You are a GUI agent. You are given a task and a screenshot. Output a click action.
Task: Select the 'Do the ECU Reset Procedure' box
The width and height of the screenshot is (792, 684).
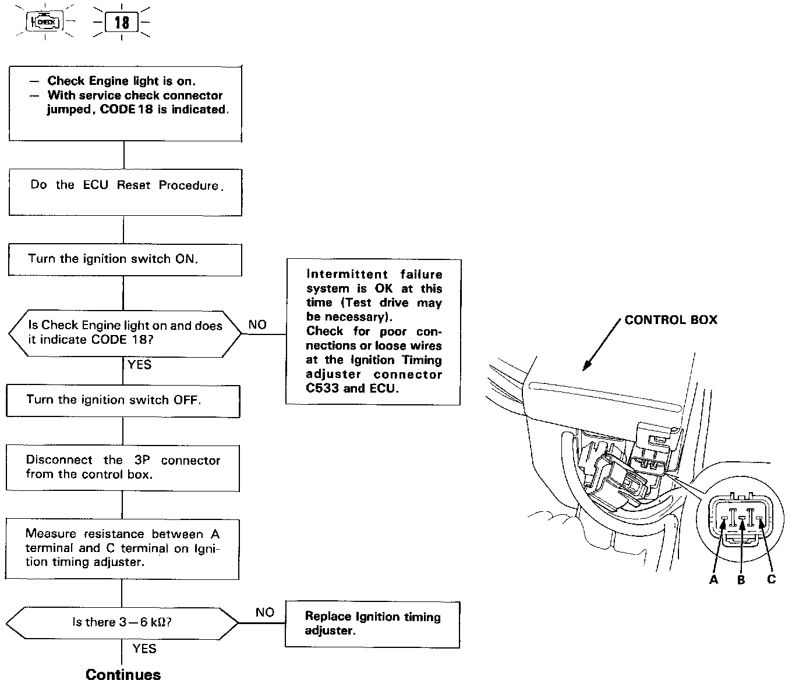pyautogui.click(x=125, y=192)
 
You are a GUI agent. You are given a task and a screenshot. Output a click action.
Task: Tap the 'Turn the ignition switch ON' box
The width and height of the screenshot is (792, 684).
pyautogui.click(x=125, y=259)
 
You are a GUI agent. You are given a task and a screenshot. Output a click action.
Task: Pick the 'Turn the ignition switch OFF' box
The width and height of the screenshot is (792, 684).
pyautogui.click(x=122, y=400)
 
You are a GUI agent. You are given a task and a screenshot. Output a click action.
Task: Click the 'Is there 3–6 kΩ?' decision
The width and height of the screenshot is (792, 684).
pyautogui.click(x=122, y=622)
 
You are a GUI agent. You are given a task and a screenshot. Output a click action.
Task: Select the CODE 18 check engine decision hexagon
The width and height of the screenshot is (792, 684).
pyautogui.click(x=125, y=333)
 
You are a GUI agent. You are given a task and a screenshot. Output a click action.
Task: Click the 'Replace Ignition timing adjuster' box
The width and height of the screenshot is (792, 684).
pyautogui.click(x=372, y=624)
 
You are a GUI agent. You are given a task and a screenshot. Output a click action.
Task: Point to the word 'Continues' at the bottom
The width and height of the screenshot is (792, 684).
pyautogui.click(x=123, y=675)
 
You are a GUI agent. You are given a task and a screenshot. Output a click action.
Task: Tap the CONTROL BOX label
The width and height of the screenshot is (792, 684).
pyautogui.click(x=671, y=320)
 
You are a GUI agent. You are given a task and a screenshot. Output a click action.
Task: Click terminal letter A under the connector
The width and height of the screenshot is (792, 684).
pyautogui.click(x=713, y=579)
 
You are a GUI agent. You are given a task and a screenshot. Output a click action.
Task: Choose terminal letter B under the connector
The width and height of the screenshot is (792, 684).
pyautogui.click(x=741, y=579)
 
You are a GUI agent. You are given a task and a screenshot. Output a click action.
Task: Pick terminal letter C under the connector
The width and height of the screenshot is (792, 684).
pyautogui.click(x=771, y=579)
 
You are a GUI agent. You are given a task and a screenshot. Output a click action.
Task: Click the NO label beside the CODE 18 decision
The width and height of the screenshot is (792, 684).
pyautogui.click(x=257, y=325)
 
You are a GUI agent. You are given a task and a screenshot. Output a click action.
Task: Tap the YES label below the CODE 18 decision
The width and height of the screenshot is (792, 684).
pyautogui.click(x=140, y=365)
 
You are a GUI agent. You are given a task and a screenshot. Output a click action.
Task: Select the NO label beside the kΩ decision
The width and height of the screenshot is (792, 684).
pyautogui.click(x=265, y=612)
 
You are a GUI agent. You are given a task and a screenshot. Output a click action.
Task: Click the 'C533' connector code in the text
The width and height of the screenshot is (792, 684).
pyautogui.click(x=323, y=388)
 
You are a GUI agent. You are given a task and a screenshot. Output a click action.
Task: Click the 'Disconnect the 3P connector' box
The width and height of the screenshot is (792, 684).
pyautogui.click(x=122, y=468)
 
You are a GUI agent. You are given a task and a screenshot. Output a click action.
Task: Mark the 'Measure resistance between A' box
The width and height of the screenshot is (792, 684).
pyautogui.click(x=122, y=548)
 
